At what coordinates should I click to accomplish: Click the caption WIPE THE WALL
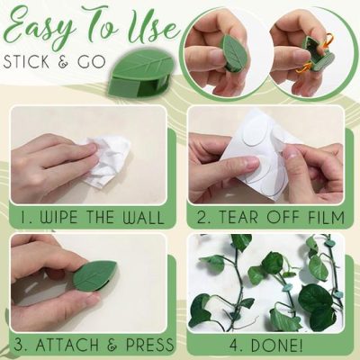(94, 218)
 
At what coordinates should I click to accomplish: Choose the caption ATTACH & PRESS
(95, 345)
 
